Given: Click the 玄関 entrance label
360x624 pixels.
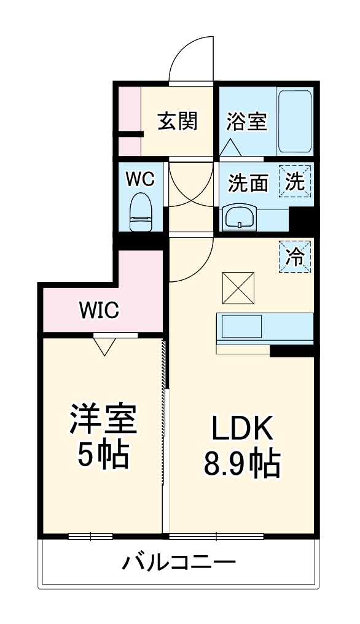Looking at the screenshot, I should click(178, 121).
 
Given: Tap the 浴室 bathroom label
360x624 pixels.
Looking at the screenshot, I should click(246, 121).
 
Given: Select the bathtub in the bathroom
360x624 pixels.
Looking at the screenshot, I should click(295, 121).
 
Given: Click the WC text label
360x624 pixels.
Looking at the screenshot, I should click(141, 179).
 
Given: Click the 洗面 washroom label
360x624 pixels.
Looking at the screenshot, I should click(249, 182).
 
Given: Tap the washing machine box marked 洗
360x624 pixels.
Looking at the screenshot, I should click(295, 182).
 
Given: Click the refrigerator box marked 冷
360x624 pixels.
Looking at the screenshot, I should click(295, 255).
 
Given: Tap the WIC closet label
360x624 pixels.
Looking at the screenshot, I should click(98, 311).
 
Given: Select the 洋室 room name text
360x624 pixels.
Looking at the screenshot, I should click(102, 420).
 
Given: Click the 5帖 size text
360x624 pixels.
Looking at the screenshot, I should click(102, 454).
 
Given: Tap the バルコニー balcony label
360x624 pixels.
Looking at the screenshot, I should click(178, 561).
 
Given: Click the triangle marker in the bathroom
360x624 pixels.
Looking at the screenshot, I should click(230, 147).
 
